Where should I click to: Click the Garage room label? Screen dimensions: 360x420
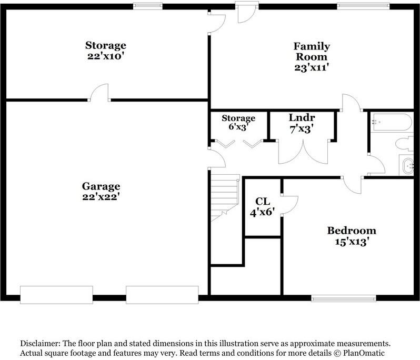click(x=101, y=186)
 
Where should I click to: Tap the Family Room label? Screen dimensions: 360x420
click(x=312, y=52)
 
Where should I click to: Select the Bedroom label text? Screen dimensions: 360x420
click(x=352, y=231)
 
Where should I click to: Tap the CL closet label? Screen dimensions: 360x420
click(x=263, y=202)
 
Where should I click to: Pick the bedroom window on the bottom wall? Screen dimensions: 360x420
click(x=344, y=298)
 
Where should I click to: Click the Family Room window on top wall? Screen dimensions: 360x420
click(x=363, y=6)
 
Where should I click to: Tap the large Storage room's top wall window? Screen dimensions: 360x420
click(x=147, y=6)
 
